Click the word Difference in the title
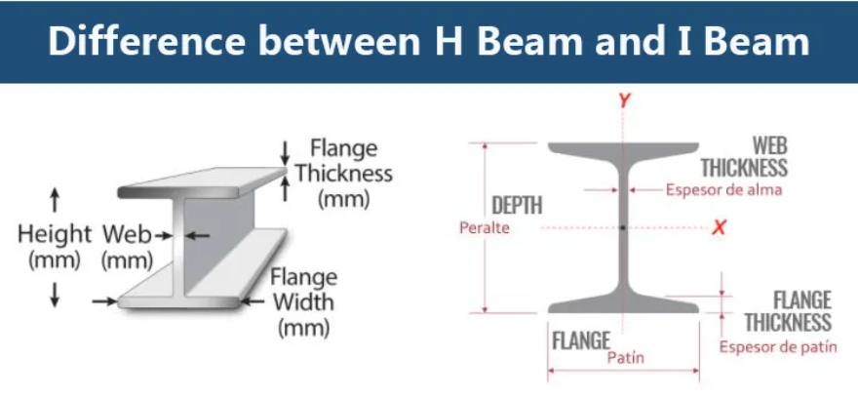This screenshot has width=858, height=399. coord(146,41)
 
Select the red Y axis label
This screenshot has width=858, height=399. coord(624,100)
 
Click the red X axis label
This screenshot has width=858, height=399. coord(719,227)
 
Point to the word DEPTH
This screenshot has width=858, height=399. coord(517,205)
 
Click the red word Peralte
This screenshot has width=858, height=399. coord(485,227)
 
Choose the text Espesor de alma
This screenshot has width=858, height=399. coord(723,190)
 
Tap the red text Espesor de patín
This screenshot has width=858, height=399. coord(778,347)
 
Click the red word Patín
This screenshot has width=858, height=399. coord(625,358)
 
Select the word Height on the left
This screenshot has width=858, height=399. coord(55,235)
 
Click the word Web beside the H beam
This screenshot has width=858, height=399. coord(127,235)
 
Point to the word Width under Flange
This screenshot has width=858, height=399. coord(303,302)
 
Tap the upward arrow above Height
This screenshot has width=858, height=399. coord(55,200)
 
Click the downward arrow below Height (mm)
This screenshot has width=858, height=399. coord(55,295)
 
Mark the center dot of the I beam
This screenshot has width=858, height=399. coord(623,227)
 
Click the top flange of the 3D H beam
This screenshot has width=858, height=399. coord(202,182)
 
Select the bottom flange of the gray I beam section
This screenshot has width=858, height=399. coord(623,302)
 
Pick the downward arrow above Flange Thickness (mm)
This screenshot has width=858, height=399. coord(285,153)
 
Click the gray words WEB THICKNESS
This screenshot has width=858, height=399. coord(744,157)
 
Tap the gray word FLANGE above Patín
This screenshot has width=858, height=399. coord(580,341)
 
